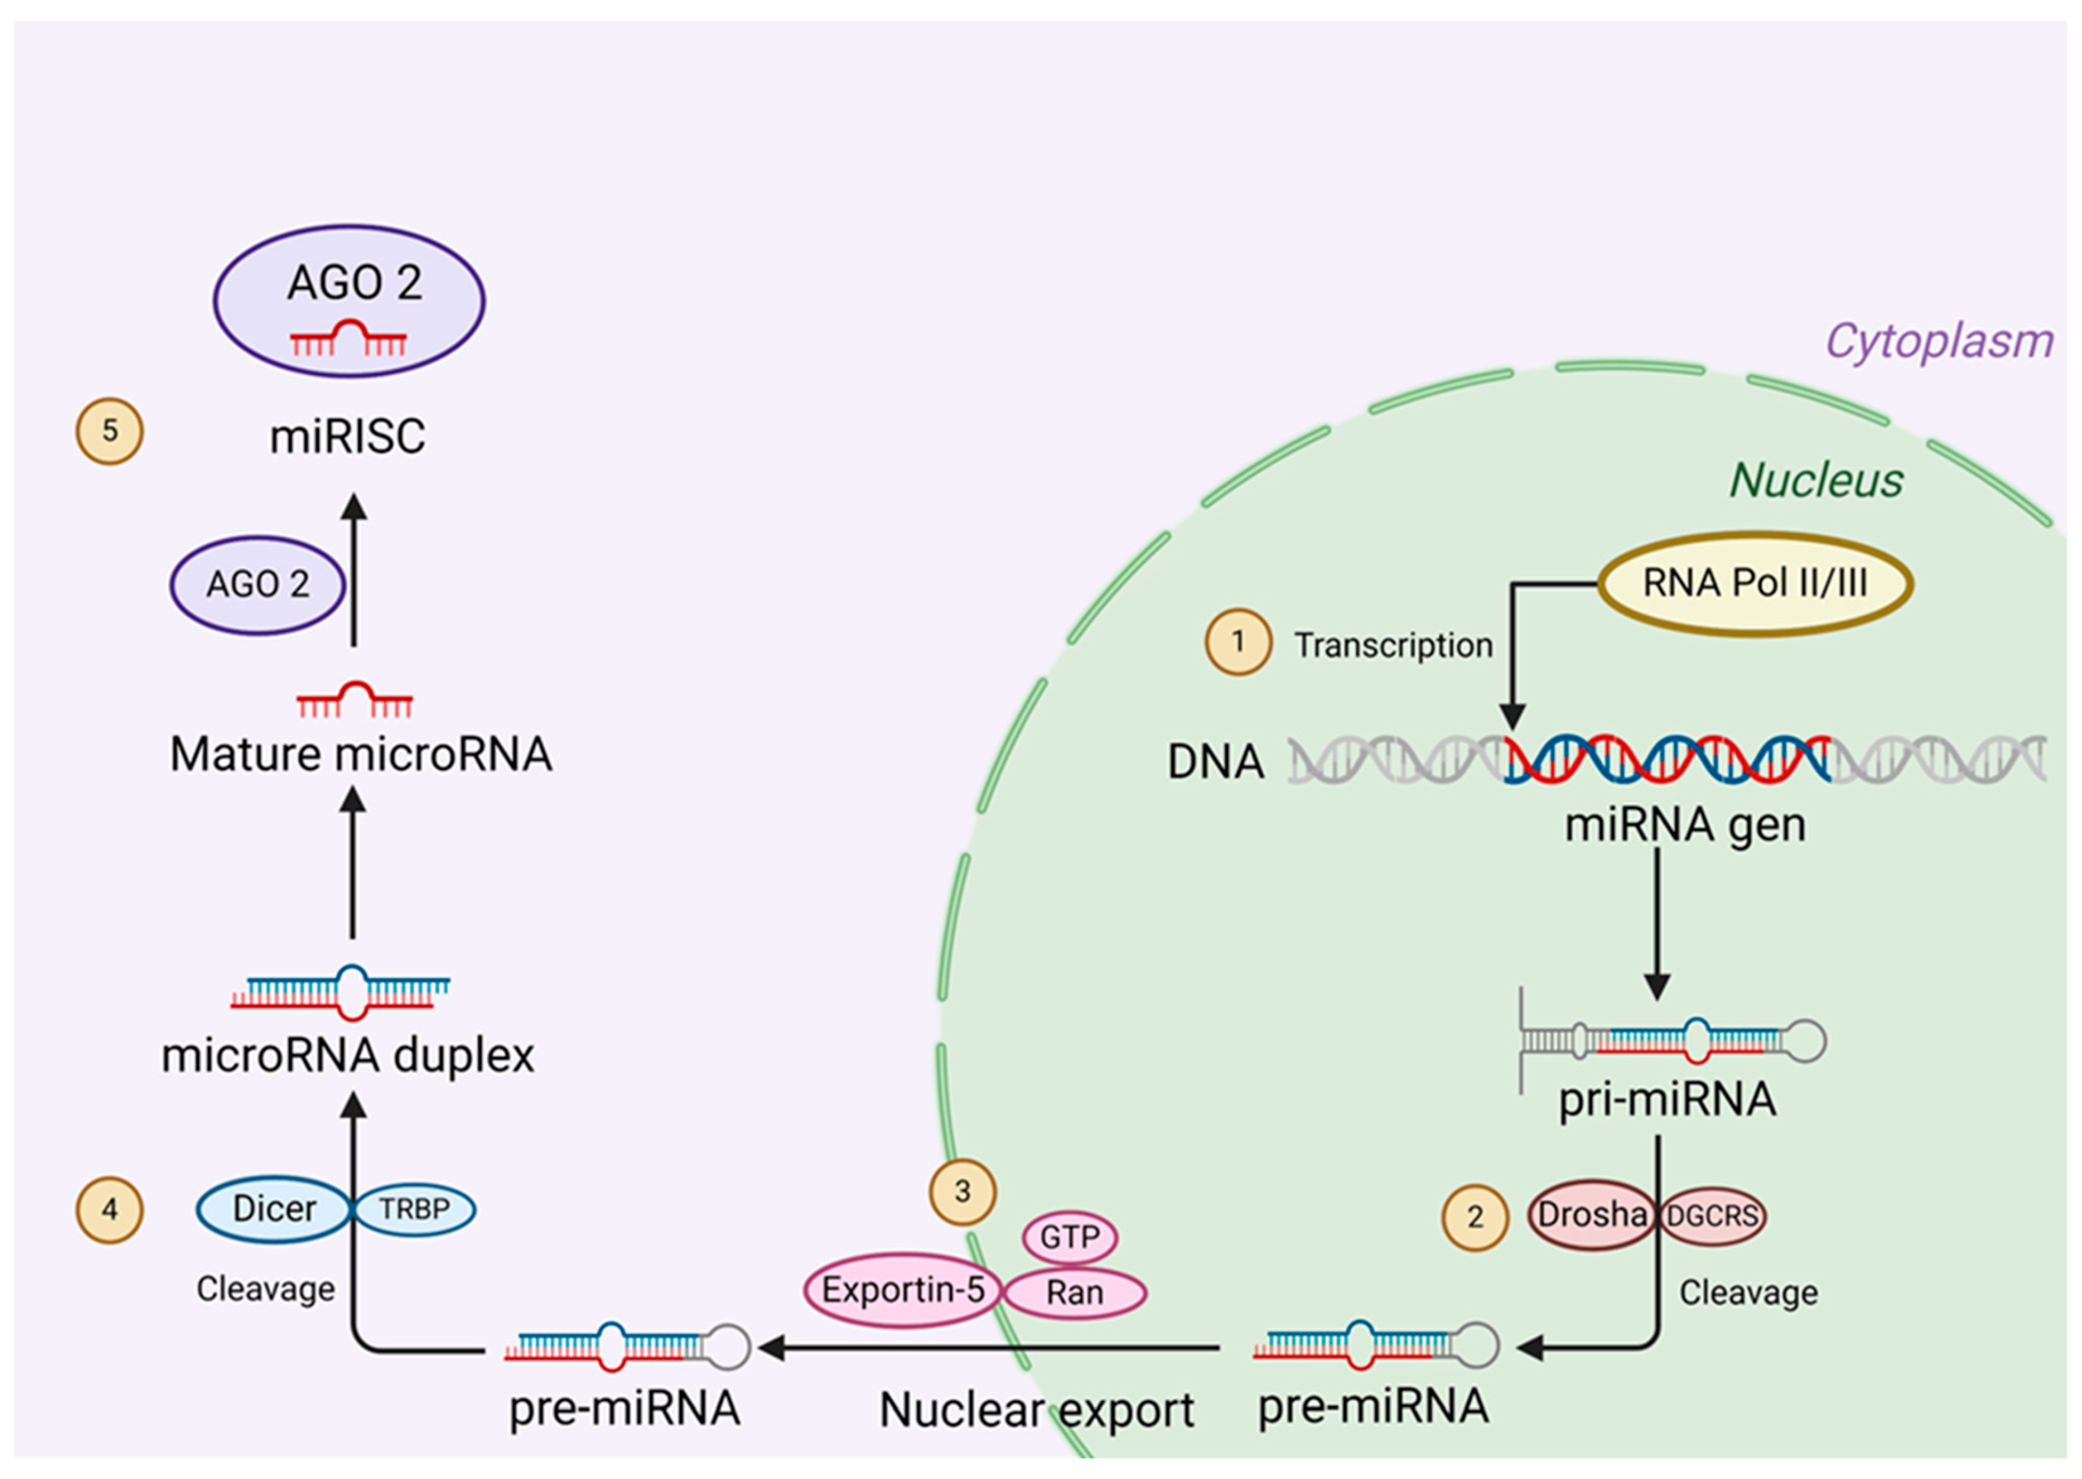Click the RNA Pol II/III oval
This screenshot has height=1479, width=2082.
[1755, 584]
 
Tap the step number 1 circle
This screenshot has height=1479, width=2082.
[1238, 642]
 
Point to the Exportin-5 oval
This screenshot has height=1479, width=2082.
[902, 1290]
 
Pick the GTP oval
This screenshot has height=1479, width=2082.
[1070, 1237]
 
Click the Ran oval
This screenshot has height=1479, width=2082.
[1074, 1292]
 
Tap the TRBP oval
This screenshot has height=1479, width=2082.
[414, 1209]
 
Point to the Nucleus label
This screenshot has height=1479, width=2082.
[1815, 480]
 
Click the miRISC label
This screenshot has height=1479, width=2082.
[348, 436]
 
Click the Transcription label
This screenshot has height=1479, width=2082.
[1393, 646]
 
